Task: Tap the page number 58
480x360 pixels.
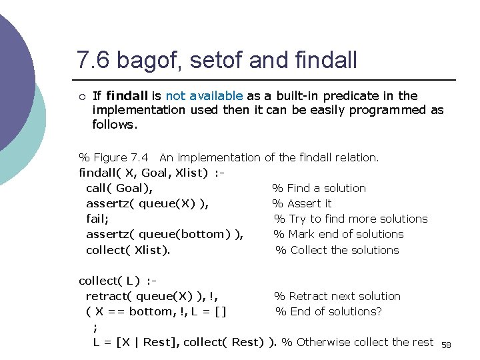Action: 446,345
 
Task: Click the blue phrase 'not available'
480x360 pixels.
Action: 204,96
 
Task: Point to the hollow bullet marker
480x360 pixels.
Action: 81,97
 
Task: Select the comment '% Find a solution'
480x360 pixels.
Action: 319,188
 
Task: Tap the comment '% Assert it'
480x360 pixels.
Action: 301,203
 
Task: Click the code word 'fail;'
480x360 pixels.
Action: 98,219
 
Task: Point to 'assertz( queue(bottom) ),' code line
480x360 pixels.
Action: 164,234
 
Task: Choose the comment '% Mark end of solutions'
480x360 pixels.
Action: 339,234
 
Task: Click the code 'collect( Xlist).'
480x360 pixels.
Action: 128,250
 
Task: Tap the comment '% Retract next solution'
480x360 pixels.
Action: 337,296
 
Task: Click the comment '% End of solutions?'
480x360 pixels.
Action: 329,311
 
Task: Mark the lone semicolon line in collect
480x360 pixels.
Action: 95,327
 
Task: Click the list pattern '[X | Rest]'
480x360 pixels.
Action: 145,342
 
